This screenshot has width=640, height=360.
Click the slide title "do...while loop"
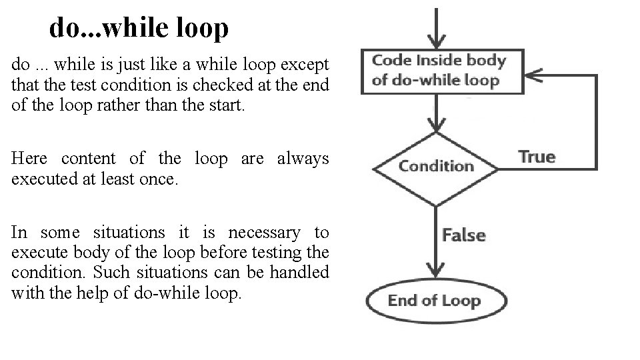click(139, 27)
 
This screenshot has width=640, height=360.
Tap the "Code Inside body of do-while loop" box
click(438, 71)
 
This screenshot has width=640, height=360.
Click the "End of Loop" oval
click(434, 301)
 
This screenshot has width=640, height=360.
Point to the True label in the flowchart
click(537, 157)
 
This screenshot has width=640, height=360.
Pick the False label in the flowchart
click(464, 235)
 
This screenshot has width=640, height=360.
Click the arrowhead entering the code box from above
click(436, 42)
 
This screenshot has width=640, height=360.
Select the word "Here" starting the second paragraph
click(30, 158)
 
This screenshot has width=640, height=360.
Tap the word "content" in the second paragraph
click(89, 158)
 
